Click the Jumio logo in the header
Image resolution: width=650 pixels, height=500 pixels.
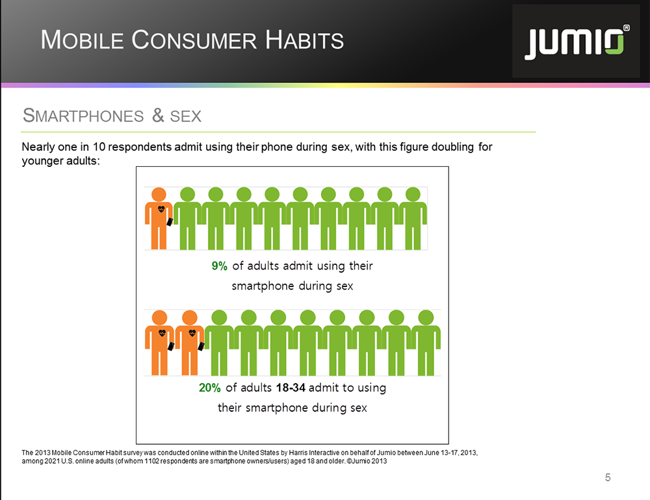[577, 42]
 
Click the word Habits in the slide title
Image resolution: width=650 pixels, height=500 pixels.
[305, 40]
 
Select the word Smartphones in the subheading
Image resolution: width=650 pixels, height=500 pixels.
[83, 116]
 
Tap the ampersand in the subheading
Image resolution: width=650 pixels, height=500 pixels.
[158, 116]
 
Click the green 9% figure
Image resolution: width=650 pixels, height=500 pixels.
[219, 266]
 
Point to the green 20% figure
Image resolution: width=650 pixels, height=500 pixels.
[209, 388]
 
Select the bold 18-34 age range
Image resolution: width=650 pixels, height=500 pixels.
[291, 388]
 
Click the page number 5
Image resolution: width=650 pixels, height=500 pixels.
[608, 478]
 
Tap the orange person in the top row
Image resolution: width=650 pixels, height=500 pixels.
[159, 218]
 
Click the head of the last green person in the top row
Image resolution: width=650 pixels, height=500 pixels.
[413, 194]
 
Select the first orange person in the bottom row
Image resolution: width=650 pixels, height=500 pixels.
[160, 343]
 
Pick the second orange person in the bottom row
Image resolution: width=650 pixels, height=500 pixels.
[189, 343]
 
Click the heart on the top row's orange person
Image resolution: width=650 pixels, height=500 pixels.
[161, 209]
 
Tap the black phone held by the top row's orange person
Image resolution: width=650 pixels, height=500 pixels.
[170, 221]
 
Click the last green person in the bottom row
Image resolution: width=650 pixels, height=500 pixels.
[426, 343]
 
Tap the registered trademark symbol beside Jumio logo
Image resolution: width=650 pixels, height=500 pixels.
[627, 28]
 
